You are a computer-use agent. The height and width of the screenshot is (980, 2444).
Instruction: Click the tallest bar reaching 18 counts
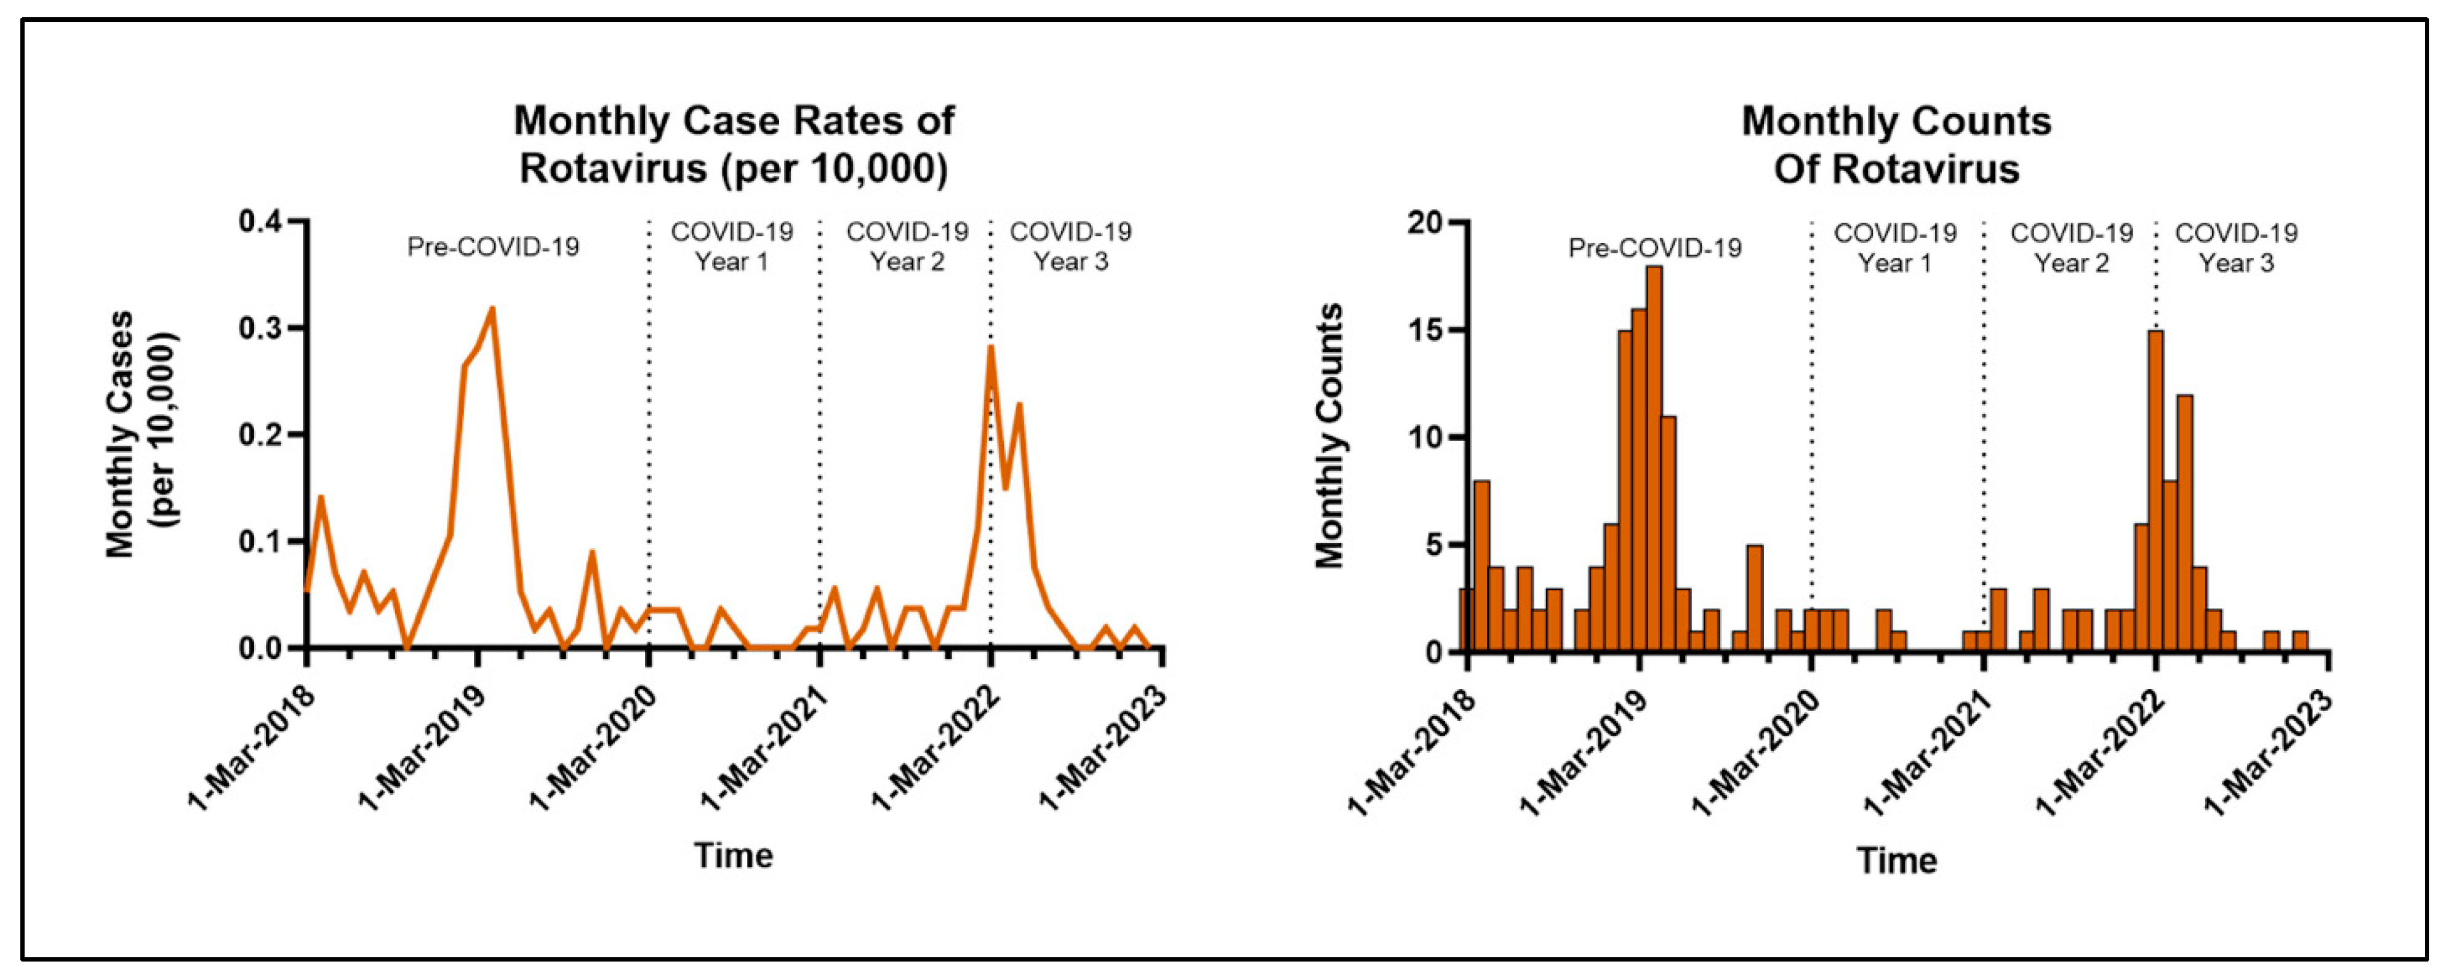coord(1654,460)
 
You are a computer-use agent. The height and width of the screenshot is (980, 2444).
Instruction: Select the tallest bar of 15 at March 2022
coord(2155,493)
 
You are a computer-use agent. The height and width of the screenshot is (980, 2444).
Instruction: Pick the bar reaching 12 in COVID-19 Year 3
coord(2184,522)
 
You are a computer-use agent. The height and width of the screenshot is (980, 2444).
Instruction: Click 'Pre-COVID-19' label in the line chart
coord(492,247)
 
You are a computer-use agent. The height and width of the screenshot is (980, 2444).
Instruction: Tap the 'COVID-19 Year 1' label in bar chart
coord(1894,247)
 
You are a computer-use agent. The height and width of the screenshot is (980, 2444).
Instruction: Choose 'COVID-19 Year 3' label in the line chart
coord(1070,247)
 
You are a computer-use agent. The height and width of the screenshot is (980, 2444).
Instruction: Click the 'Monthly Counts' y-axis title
coord(1329,436)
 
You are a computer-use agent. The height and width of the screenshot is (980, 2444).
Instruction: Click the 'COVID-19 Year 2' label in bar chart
coord(2071,247)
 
